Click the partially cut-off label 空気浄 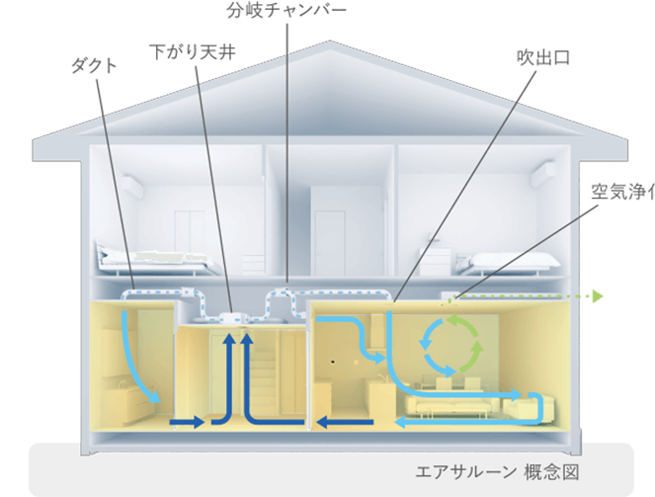621,192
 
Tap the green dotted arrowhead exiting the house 596,295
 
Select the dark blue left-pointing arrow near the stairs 344,424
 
